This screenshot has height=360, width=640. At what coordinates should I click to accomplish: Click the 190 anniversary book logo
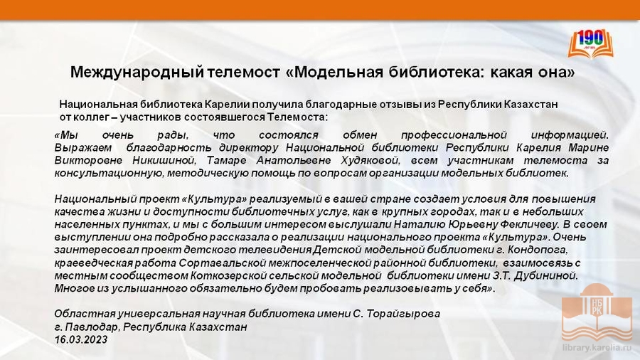click(591, 43)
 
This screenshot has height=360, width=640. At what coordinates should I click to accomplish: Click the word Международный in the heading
click(137, 73)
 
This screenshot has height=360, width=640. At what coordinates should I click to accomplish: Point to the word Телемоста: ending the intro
click(297, 117)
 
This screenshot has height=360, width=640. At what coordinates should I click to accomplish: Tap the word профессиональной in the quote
click(454, 135)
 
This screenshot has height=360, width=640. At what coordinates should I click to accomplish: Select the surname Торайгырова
click(403, 314)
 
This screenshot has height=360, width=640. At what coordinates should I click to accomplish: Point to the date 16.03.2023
click(81, 339)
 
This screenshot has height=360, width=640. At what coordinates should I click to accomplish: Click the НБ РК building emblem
click(597, 312)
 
